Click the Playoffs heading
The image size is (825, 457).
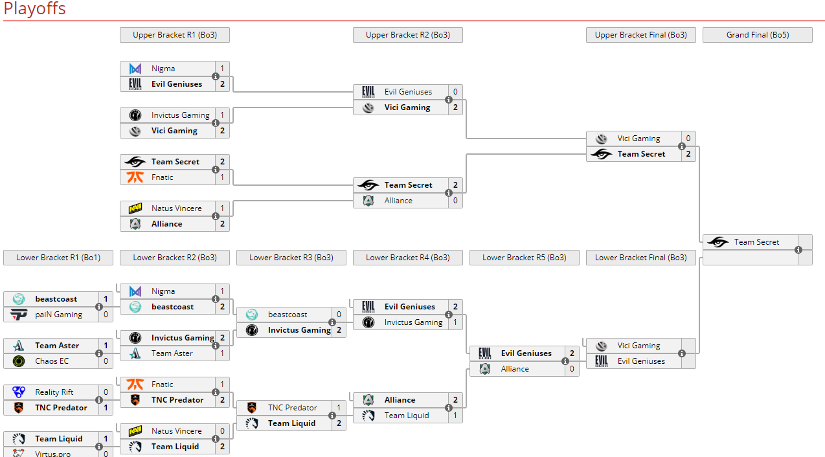(35, 9)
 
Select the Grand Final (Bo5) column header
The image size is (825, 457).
(757, 35)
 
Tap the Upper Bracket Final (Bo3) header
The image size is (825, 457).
(640, 35)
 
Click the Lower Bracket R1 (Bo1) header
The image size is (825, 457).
(58, 258)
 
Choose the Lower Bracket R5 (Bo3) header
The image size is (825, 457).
(524, 258)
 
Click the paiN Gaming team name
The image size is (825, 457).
(58, 315)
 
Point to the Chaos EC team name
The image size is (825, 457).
(52, 361)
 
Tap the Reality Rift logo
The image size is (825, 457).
(19, 392)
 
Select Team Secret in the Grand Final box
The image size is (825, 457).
(756, 242)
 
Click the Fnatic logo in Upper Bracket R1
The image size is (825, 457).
(135, 177)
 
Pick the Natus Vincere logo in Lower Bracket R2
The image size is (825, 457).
(135, 431)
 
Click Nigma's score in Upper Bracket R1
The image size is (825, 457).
(222, 69)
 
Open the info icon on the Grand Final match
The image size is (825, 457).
(798, 250)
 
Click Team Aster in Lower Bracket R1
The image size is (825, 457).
(57, 346)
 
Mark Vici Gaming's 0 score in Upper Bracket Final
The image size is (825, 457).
(688, 139)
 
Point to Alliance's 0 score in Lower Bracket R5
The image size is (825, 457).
(572, 369)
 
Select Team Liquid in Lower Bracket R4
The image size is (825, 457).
(407, 416)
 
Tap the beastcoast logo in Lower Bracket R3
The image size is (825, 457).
(252, 315)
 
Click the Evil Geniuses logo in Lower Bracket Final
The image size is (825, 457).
(602, 361)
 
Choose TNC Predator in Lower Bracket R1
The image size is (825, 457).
(61, 408)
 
